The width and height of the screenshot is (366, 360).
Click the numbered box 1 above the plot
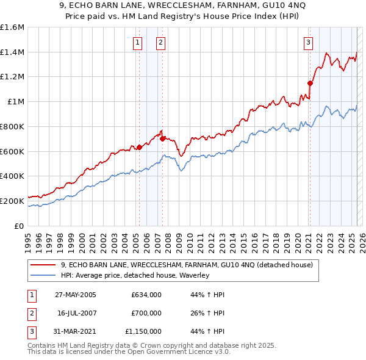tap(138, 43)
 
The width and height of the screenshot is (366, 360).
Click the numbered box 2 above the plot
tap(160, 43)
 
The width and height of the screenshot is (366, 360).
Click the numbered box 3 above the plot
tap(309, 43)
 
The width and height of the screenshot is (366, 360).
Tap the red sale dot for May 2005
tap(139, 147)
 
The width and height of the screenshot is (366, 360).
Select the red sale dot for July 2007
tap(162, 139)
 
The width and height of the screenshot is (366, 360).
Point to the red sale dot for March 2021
tap(310, 83)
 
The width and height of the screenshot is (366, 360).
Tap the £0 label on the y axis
tap(19, 226)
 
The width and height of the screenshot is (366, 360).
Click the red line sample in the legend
tap(42, 265)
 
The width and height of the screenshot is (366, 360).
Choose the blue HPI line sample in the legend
tap(42, 275)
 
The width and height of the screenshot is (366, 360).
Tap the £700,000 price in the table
tap(146, 313)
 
